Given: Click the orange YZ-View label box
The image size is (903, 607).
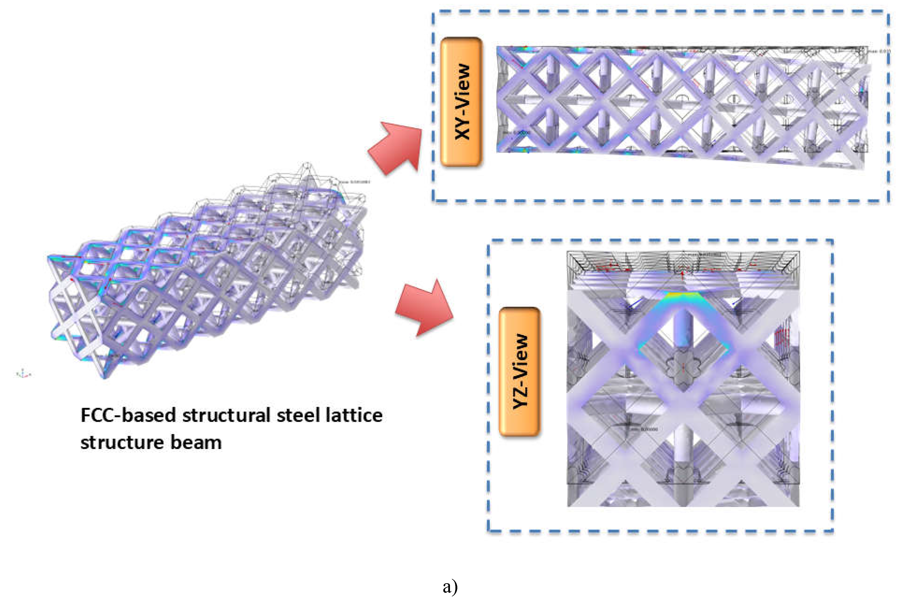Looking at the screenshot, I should point(519,372).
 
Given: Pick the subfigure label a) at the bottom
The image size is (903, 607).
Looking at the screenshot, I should point(450,587).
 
